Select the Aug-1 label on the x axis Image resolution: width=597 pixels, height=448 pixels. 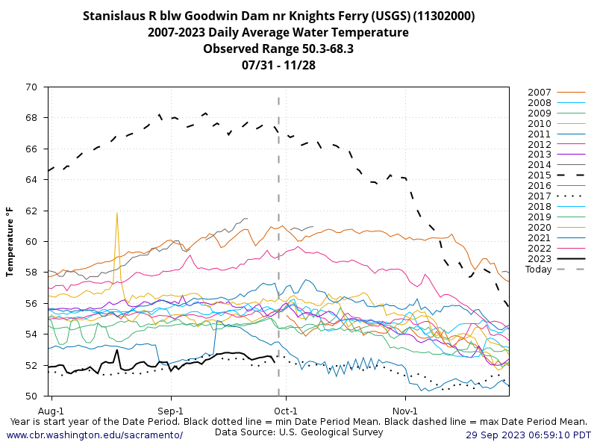tap(51, 411)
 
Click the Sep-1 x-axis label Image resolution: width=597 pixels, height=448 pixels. tap(171, 411)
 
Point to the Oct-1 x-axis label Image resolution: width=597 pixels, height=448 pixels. tap(286, 411)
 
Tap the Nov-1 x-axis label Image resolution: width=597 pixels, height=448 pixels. tap(405, 411)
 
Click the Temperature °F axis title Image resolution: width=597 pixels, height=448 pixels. tap(10, 242)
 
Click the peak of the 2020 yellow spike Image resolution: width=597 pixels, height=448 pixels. tap(117, 213)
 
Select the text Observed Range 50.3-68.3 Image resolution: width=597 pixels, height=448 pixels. tap(278, 49)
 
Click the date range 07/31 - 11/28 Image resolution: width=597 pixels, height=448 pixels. tap(278, 65)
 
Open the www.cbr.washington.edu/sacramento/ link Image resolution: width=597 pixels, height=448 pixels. tap(94, 435)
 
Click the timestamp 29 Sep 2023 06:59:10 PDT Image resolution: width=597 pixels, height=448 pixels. tap(528, 435)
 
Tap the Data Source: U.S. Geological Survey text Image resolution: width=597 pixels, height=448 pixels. tap(298, 432)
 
